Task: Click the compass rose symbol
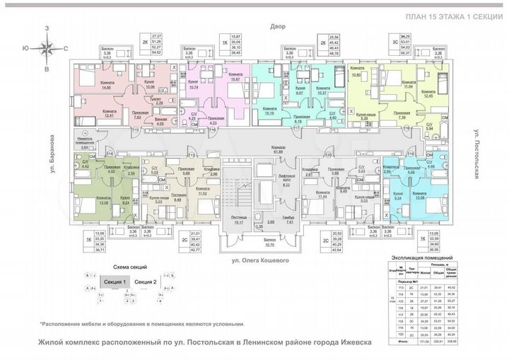click(x=47, y=48)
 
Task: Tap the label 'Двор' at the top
click(x=276, y=26)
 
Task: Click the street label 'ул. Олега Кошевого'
click(x=267, y=261)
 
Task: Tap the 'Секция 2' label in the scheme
click(x=145, y=281)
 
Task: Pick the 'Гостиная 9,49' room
click(x=177, y=198)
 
